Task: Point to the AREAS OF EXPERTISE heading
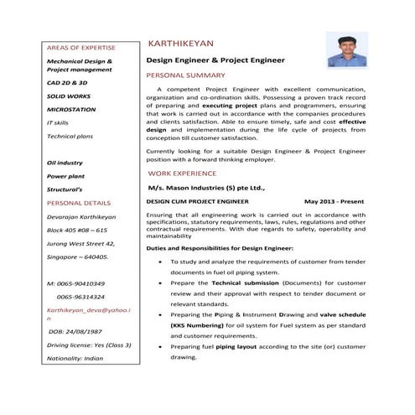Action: [81, 48]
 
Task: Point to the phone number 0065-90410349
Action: [76, 284]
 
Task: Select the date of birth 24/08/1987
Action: [81, 332]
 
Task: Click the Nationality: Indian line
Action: [75, 357]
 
